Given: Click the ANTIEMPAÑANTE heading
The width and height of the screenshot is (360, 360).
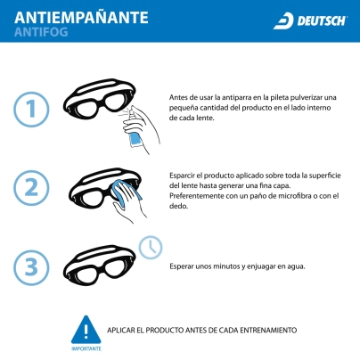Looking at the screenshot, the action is point(81,17).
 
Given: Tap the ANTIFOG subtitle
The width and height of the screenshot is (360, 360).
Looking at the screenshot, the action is point(41,32).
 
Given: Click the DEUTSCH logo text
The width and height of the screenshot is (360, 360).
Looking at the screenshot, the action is point(322,21).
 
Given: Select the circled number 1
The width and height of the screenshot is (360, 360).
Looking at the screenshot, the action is point(31,110).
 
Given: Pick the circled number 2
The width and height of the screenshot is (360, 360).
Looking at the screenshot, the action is point(31,188).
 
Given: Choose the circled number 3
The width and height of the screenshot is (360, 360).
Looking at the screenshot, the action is point(31,267).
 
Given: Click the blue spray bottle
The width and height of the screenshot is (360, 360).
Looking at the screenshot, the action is point(135,140).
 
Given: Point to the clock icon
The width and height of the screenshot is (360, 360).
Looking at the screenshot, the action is point(151,248).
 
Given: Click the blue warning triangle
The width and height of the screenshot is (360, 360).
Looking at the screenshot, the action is point(86,330).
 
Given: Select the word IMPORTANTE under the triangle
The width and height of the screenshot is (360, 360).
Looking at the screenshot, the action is point(86,348).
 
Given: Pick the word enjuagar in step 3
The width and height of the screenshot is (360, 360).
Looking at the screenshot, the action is point(261,266).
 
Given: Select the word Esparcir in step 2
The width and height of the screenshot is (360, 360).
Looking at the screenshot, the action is point(183,176).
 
